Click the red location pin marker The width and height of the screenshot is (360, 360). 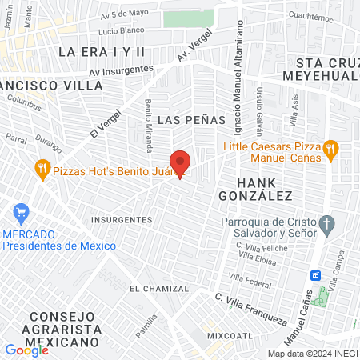tap(181, 163)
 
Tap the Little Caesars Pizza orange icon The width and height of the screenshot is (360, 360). tap(331, 149)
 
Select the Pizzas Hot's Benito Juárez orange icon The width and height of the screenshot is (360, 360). tap(42, 169)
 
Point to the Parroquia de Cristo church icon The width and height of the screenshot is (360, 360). tap(326, 222)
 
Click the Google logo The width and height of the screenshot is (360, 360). tap(26, 350)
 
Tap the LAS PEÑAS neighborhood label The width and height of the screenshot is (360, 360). tap(186, 119)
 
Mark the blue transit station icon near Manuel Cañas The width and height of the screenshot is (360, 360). tap(316, 274)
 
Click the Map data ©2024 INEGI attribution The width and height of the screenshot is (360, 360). tap(313, 353)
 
